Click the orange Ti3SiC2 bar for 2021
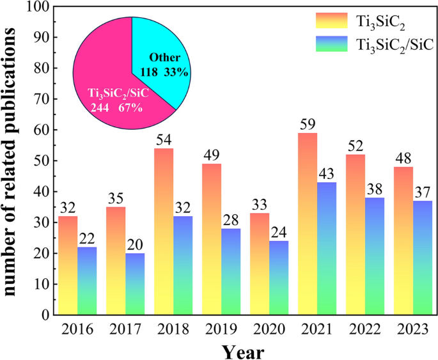[x=308, y=224]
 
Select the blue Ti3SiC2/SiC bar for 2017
[x=135, y=284]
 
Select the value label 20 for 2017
[x=135, y=246]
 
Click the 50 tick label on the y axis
[x=42, y=160]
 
